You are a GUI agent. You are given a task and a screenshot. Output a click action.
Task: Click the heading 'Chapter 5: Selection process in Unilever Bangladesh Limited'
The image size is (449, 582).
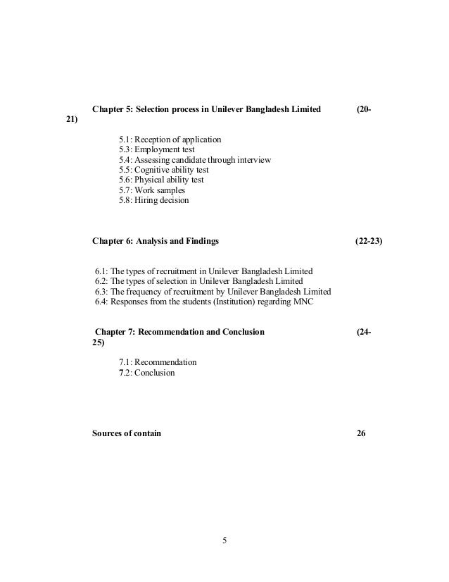tap(207, 110)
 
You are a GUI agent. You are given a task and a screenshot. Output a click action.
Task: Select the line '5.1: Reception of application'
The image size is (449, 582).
tap(170, 139)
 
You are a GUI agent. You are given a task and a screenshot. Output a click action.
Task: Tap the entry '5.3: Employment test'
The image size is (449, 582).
tap(157, 149)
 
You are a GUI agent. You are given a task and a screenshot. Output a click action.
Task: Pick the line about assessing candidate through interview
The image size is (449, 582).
tap(195, 160)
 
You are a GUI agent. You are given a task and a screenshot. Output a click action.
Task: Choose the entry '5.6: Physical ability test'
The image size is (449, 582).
tap(163, 180)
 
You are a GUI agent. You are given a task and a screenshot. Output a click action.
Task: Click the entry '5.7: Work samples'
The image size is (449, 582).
tap(152, 190)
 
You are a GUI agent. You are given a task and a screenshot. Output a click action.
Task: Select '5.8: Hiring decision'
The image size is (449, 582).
tap(153, 200)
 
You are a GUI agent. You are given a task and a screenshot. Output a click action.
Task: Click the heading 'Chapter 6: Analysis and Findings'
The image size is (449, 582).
tap(156, 241)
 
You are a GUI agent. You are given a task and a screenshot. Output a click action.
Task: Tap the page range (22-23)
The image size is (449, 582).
tap(369, 241)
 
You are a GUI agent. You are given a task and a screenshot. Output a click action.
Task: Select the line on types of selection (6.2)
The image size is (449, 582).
tap(198, 281)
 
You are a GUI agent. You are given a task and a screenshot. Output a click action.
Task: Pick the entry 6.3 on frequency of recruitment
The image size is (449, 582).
tap(213, 292)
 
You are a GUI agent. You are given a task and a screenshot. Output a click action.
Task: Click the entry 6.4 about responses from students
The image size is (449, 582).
tap(205, 302)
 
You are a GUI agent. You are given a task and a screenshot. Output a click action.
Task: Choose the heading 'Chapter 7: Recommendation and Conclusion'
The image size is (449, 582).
tap(179, 332)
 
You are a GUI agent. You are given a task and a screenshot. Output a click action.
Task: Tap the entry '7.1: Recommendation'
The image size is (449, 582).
tap(158, 362)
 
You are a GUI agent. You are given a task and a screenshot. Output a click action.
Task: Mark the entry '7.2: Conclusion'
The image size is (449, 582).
tap(146, 372)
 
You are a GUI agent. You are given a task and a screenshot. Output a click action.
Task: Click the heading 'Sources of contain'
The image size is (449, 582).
tap(127, 433)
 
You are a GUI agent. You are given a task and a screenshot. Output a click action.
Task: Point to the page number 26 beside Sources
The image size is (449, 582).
tap(361, 433)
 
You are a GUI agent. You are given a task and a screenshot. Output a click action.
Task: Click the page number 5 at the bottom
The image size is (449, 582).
tap(224, 541)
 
